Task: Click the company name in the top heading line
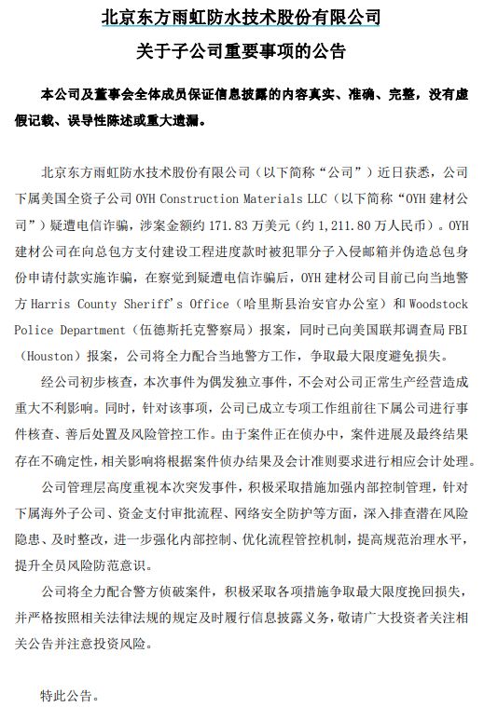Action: pyautogui.click(x=241, y=17)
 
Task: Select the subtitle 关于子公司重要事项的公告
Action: pyautogui.click(x=241, y=50)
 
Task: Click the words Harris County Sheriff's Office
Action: pyautogui.click(x=131, y=303)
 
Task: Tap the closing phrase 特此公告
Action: pyautogui.click(x=69, y=695)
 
